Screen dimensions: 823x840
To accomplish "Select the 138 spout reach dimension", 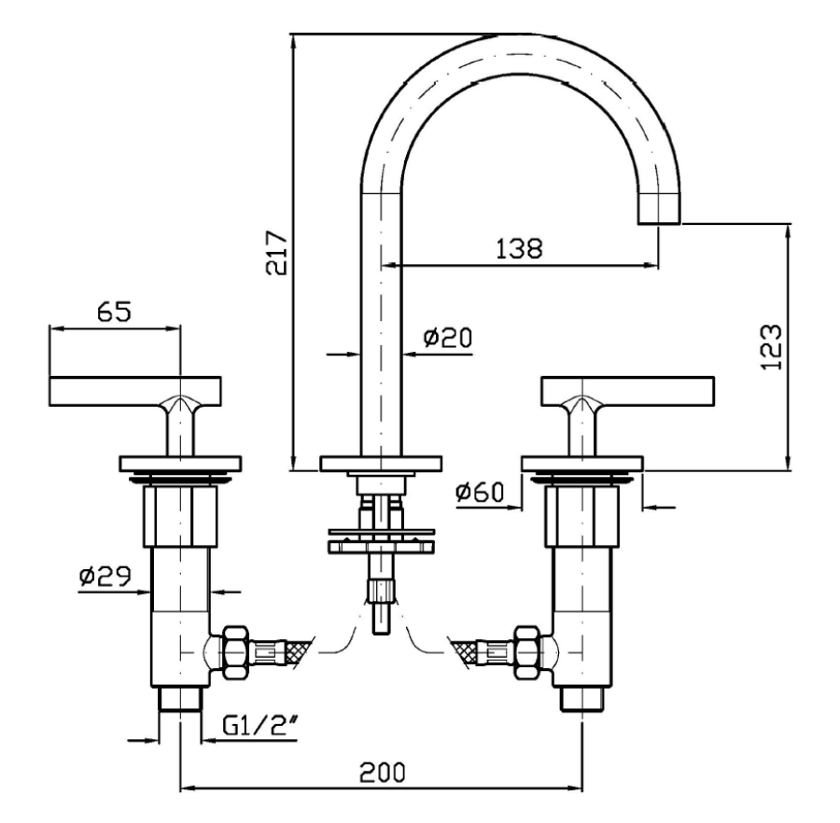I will click(518, 248).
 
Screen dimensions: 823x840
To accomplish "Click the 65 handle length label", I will click(113, 311).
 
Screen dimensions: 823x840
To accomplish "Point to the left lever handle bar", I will click(134, 390).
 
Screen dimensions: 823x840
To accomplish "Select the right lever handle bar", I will click(627, 390).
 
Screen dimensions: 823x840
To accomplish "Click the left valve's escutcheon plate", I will click(180, 463).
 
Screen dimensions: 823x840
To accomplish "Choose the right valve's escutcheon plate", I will click(581, 463).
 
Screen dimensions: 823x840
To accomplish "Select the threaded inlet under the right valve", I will click(581, 699).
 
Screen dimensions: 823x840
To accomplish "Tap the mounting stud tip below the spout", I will click(380, 621).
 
